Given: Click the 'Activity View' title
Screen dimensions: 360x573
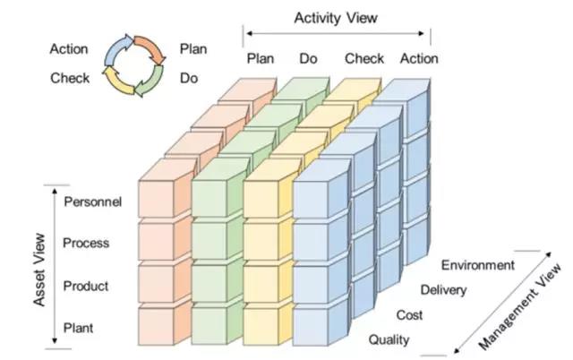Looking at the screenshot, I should tap(337, 16).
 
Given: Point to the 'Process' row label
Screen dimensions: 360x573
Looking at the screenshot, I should tap(86, 243).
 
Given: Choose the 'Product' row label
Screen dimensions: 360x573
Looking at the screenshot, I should tap(86, 286).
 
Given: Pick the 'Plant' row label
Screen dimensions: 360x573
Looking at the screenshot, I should tap(79, 329).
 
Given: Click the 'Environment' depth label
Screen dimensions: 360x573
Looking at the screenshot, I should tap(477, 265).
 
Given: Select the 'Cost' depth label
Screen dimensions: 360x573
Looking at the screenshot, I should tap(410, 315).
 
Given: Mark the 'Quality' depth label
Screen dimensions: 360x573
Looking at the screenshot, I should tap(389, 339).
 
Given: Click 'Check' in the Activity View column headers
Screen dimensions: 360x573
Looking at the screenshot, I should tap(364, 59).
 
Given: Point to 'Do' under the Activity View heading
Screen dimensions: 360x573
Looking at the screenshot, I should tap(308, 59).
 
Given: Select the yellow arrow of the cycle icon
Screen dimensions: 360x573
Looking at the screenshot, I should tap(117, 80).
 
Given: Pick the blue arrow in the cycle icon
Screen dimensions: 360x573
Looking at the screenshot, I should tap(115, 50).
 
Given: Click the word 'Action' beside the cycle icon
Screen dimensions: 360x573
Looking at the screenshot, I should tap(69, 48).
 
